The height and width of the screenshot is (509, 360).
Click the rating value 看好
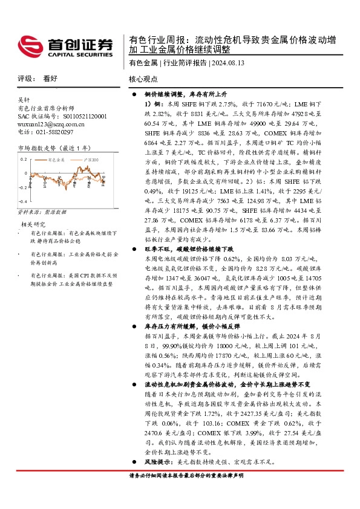pos(50,79)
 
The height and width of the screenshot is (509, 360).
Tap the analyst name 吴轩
pos(24,100)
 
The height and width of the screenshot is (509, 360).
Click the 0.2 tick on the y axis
pos(24,158)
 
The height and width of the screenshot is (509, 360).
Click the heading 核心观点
pos(143,79)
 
